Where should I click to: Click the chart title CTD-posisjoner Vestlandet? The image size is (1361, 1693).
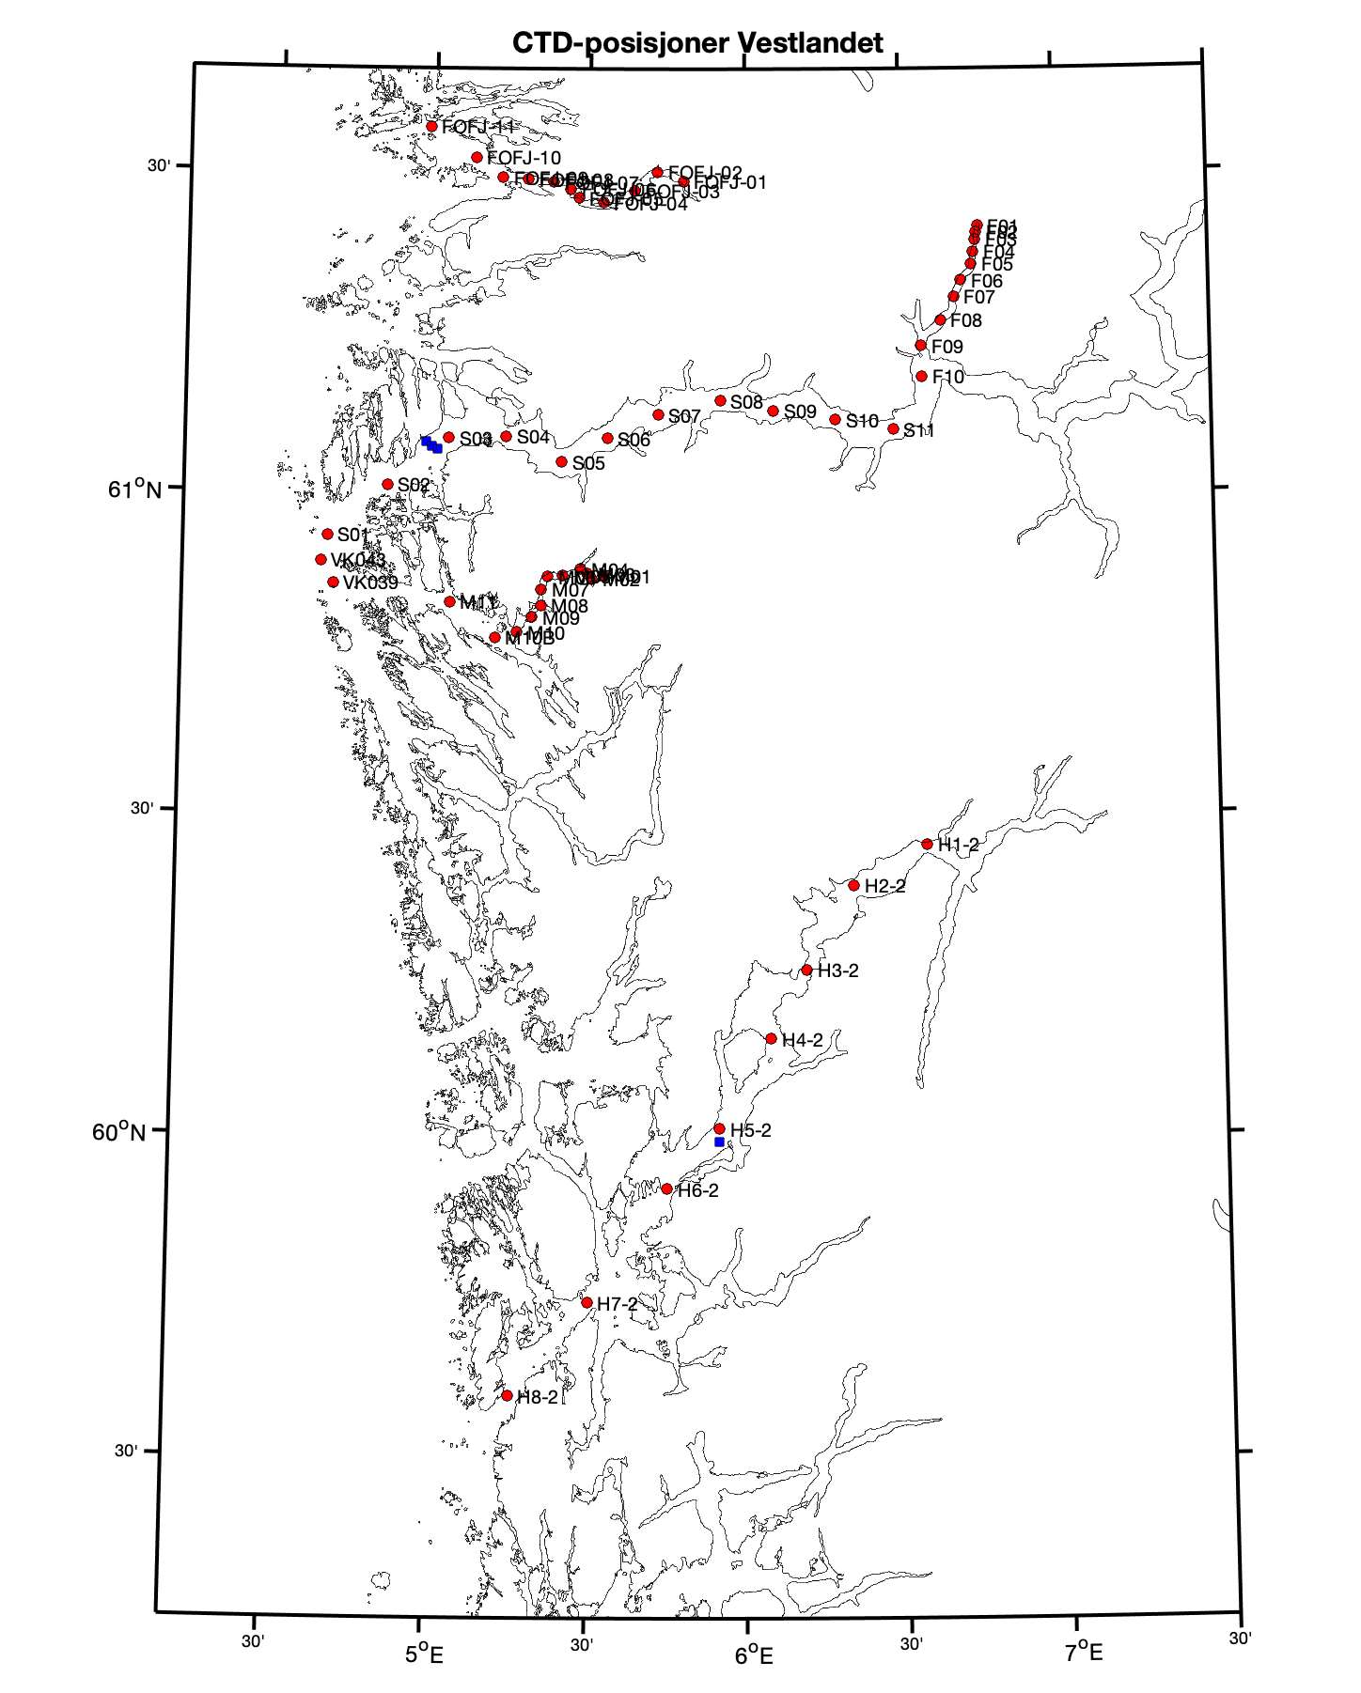click(697, 43)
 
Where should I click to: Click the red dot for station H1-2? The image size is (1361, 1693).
click(928, 844)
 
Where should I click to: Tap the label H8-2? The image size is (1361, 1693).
click(537, 1397)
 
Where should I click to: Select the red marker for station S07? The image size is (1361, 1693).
click(659, 414)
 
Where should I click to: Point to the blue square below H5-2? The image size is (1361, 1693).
click(719, 1142)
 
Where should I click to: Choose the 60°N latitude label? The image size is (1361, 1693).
click(119, 1131)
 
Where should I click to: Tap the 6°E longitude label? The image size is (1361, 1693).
click(753, 1654)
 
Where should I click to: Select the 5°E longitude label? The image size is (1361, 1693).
click(424, 1653)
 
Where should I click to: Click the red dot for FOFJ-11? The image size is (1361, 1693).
click(431, 126)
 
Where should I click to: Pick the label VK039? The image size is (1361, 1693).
click(370, 583)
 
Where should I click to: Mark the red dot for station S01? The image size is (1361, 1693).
click(328, 534)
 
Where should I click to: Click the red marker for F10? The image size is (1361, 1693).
click(922, 376)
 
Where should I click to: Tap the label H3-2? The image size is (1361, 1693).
click(837, 971)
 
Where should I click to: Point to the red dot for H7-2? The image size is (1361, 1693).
click(587, 1302)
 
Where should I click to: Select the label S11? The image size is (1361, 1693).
click(919, 432)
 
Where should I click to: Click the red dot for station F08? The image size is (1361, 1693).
click(940, 319)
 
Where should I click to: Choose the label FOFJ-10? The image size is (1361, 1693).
click(524, 159)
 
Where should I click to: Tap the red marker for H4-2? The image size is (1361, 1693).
click(772, 1038)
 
